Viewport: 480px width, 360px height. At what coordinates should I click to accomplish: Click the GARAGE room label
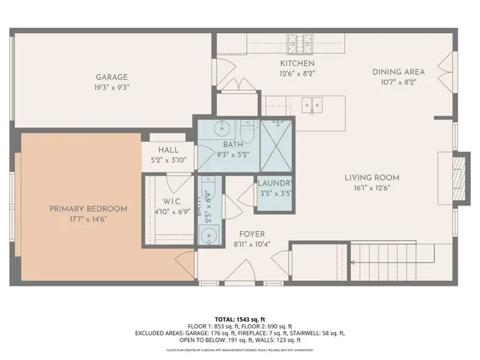point(111,76)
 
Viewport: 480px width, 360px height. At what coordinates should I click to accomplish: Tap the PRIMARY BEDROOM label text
point(88,208)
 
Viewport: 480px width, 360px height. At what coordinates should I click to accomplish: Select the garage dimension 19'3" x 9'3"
point(111,87)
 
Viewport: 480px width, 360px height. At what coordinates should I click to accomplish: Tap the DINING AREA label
point(398,72)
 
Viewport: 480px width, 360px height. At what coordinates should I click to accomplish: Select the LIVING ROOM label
point(371,178)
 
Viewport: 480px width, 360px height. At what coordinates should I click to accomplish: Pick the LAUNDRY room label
point(275,183)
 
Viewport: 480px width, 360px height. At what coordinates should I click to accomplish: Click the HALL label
point(168,149)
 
